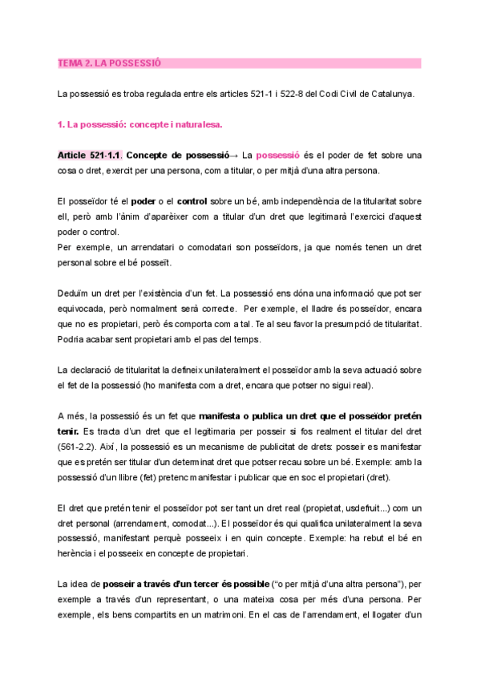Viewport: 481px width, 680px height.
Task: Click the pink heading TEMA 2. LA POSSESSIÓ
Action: coord(110,63)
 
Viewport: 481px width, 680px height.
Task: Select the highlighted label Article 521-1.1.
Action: coord(89,155)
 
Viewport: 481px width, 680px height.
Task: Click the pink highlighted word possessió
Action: coord(278,155)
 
